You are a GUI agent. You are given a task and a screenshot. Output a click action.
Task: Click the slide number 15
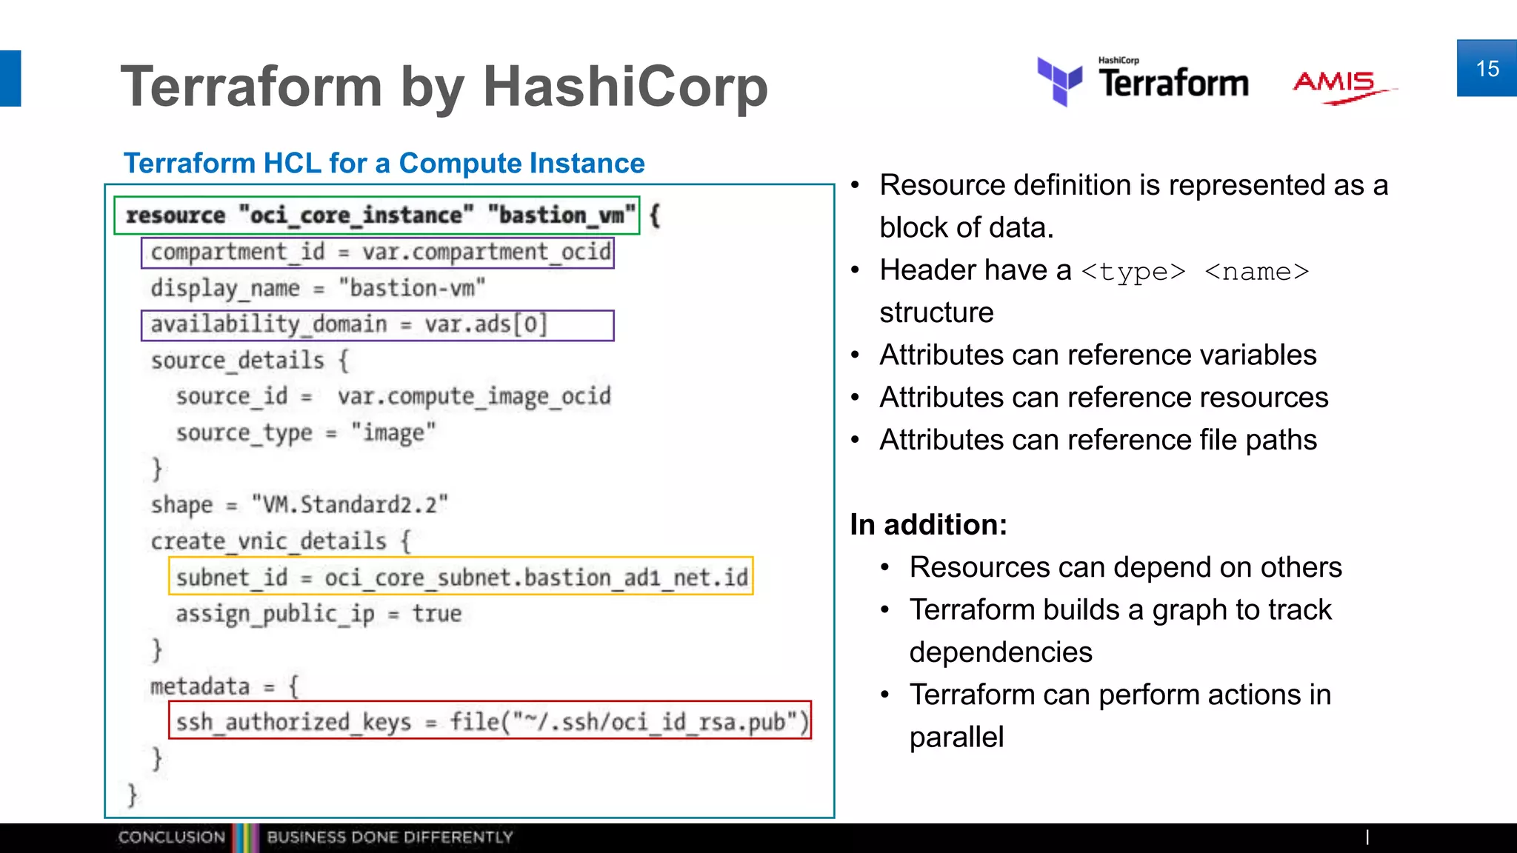click(x=1487, y=69)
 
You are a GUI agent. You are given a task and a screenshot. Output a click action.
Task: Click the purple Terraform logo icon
click(x=1060, y=81)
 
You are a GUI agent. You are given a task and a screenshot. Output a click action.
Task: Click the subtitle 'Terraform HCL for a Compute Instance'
click(x=384, y=163)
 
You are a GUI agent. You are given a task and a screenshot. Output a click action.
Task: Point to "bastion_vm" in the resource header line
click(x=561, y=215)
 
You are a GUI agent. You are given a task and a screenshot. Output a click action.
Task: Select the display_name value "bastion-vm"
click(x=412, y=287)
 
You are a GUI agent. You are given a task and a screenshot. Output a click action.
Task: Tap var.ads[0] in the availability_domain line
click(x=485, y=324)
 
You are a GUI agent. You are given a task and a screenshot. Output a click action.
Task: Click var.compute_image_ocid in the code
click(x=474, y=396)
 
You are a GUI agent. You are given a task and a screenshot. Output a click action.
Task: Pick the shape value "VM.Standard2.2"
click(x=350, y=505)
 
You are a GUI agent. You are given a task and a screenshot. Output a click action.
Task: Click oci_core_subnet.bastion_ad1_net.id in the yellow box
click(x=536, y=578)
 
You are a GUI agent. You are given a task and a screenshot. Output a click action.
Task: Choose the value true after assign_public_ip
click(x=436, y=614)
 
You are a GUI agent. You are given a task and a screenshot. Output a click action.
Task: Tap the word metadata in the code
click(x=200, y=686)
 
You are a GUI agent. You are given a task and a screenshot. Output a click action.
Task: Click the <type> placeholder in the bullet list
click(x=1133, y=272)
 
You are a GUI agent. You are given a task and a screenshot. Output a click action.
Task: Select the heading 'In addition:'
click(x=928, y=524)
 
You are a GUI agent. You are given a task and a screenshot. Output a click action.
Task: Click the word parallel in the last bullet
click(x=956, y=737)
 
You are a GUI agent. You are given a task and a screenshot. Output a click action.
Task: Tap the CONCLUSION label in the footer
click(x=171, y=837)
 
